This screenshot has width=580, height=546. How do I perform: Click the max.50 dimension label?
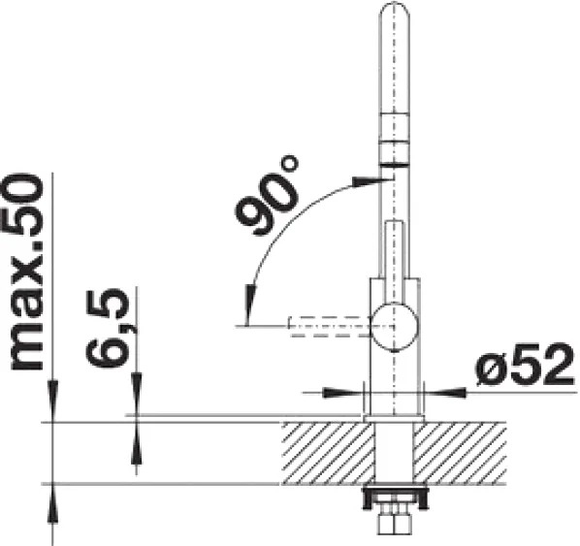click(26, 273)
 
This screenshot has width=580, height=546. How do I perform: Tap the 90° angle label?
click(267, 195)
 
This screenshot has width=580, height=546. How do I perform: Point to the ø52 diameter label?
click(526, 366)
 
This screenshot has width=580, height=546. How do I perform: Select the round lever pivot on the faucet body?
click(395, 326)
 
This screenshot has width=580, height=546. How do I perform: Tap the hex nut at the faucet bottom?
click(395, 523)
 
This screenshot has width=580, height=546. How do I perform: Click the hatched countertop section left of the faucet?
click(328, 453)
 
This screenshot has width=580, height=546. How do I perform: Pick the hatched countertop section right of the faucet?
click(460, 453)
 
